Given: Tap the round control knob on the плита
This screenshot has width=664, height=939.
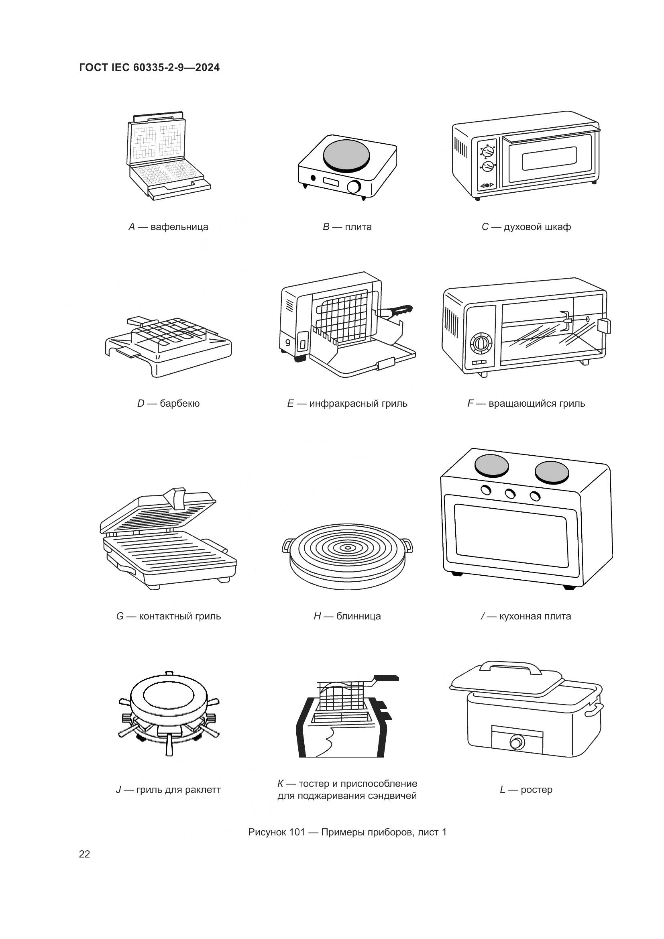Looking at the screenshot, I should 354,187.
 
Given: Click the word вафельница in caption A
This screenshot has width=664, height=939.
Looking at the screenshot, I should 179,227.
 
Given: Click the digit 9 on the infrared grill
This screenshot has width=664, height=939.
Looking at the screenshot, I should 288,343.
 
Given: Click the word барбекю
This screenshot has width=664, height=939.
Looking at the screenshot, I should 179,403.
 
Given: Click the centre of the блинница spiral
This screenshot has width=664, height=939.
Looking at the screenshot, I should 348,548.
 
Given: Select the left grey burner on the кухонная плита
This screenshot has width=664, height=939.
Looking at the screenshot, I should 491,466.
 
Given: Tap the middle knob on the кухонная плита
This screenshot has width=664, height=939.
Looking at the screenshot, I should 510,494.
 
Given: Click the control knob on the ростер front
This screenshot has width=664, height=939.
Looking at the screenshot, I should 517,742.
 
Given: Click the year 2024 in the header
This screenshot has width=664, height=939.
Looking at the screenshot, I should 207,67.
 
